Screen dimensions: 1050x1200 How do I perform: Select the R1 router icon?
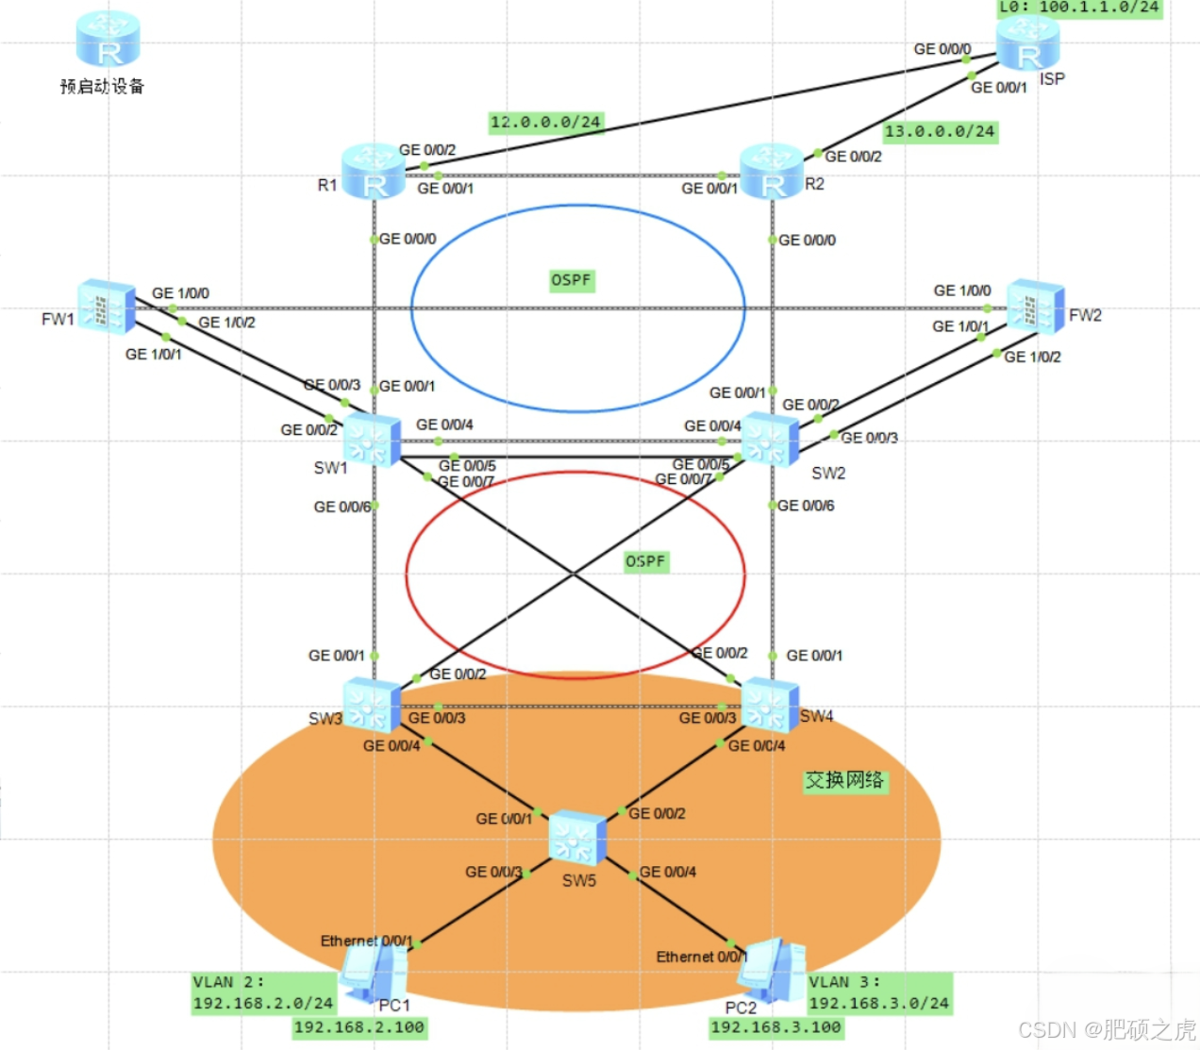[x=374, y=172]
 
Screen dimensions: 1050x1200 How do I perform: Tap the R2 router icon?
[x=772, y=172]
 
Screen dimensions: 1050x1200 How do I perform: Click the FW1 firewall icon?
[x=106, y=307]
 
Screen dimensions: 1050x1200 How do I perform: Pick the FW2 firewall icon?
[x=1035, y=307]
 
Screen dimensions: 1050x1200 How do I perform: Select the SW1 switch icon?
[x=372, y=440]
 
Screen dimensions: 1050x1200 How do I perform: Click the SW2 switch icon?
[x=770, y=440]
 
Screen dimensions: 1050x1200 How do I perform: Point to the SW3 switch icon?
[x=372, y=706]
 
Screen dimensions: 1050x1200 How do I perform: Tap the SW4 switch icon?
[x=770, y=706]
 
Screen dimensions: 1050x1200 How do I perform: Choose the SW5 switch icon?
[x=576, y=838]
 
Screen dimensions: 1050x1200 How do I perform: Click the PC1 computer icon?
[x=374, y=972]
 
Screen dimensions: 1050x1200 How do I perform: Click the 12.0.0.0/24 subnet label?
[x=545, y=122]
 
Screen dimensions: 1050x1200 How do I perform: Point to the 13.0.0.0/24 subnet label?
[x=940, y=131]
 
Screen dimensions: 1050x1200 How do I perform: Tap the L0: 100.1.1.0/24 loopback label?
[x=1080, y=8]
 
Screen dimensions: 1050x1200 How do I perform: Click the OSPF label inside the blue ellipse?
[x=571, y=280]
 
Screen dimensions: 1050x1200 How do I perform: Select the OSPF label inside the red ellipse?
[x=645, y=561]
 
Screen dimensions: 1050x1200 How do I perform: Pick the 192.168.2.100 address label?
[x=359, y=1027]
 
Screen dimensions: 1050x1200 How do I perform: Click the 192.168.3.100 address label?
[x=775, y=1027]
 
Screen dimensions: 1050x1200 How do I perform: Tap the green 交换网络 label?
[x=844, y=780]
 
